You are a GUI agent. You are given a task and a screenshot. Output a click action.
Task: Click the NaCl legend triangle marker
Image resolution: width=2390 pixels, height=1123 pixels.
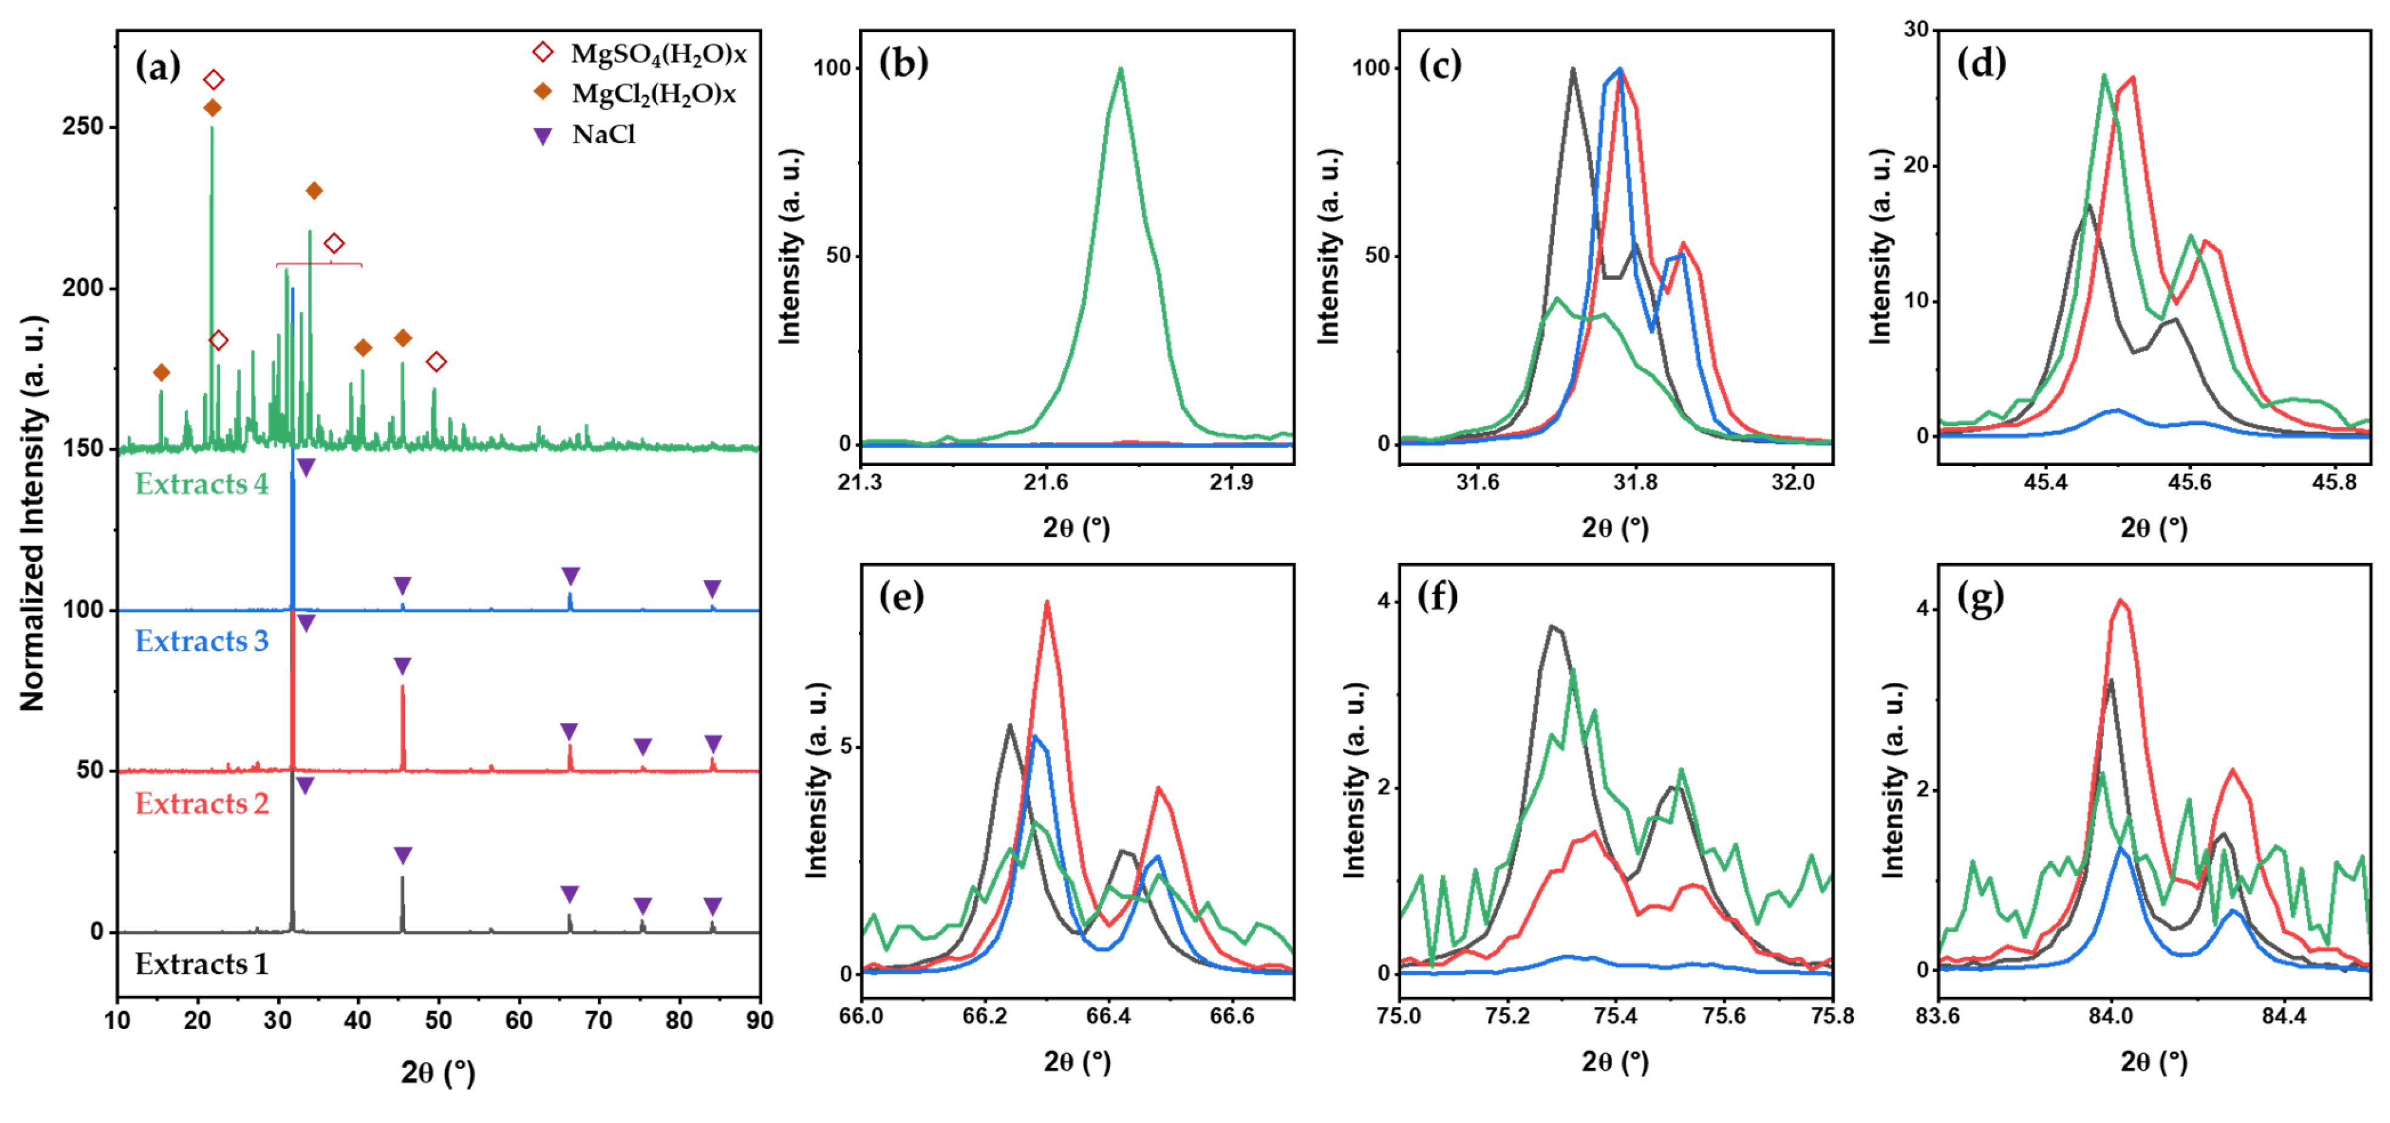pos(543,136)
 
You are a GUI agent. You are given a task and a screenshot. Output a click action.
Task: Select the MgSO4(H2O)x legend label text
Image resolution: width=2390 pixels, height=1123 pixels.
pos(658,54)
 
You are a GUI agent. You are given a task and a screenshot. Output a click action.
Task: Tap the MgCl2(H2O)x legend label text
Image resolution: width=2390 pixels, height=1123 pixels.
pos(653,94)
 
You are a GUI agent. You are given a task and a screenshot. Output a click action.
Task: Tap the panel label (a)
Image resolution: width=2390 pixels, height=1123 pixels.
pos(158,67)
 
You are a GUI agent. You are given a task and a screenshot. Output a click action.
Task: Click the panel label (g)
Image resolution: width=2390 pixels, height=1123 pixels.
pos(1980,598)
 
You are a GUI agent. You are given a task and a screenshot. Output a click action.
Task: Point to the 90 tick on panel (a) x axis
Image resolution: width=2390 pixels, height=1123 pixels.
pos(759,1021)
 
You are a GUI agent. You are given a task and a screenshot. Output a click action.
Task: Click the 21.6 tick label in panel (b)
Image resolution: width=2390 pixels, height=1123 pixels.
pos(1046,482)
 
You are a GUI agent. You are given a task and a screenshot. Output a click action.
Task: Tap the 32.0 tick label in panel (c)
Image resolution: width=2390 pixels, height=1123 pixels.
pos(1792,482)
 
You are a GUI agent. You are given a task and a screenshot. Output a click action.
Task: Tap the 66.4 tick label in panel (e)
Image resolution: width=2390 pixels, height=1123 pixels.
pos(1108,1016)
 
